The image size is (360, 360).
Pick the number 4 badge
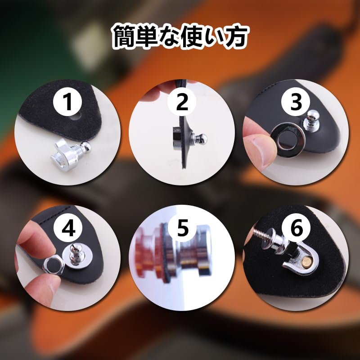tap(68, 229)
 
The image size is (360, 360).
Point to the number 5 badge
tap(182, 229)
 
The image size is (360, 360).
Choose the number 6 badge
tap(296, 229)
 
